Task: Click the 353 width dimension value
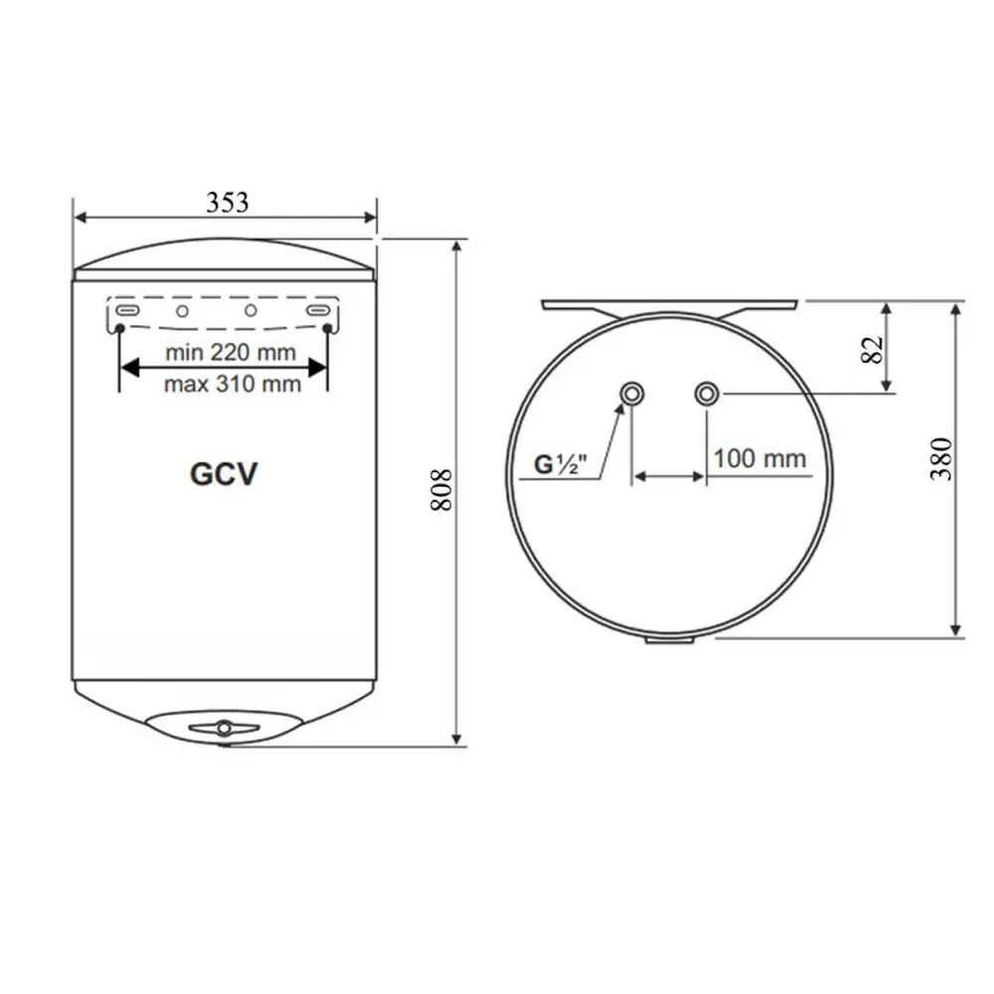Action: click(227, 202)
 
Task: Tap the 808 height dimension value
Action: click(441, 490)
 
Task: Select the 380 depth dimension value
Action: click(941, 459)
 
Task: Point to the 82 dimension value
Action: click(873, 349)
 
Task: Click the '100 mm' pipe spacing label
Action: click(760, 458)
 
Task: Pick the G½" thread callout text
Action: click(561, 464)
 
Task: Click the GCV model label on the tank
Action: click(224, 473)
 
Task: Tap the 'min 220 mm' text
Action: click(231, 353)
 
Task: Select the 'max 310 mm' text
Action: click(233, 384)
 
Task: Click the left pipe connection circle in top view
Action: click(631, 394)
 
